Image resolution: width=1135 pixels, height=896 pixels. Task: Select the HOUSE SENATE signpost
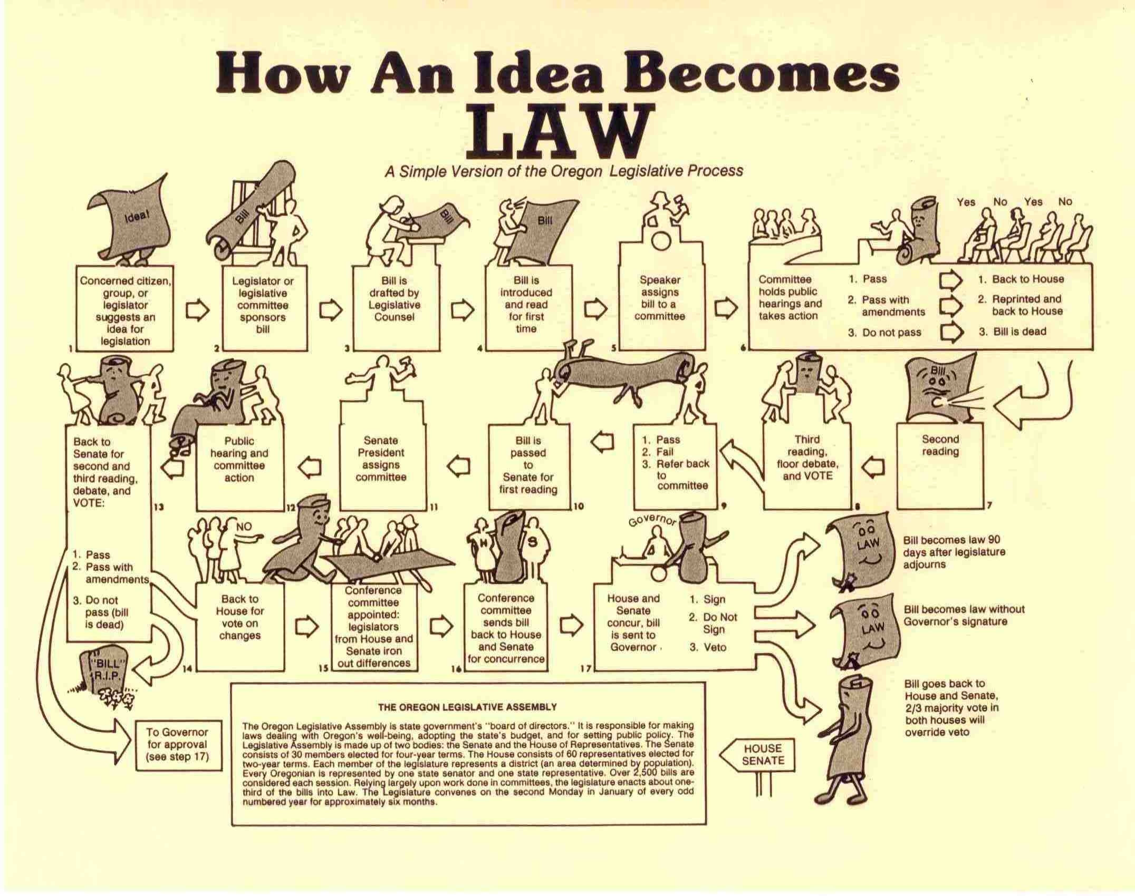(763, 754)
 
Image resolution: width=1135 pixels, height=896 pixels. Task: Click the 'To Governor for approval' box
(177, 744)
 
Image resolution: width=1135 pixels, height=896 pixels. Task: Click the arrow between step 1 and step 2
(198, 311)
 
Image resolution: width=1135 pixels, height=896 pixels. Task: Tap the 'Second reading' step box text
(940, 445)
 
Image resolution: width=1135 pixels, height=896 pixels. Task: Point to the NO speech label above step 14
(244, 526)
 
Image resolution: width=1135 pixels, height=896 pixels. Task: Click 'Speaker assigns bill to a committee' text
(660, 298)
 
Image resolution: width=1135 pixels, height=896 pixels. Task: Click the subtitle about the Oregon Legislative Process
(563, 171)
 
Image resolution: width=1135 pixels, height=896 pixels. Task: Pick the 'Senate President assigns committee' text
(381, 459)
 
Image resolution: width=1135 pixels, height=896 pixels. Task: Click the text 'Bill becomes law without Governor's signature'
(964, 615)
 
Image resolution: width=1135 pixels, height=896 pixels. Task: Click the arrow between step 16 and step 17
(571, 625)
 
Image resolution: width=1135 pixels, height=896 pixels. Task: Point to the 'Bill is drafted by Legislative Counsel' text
(395, 299)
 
